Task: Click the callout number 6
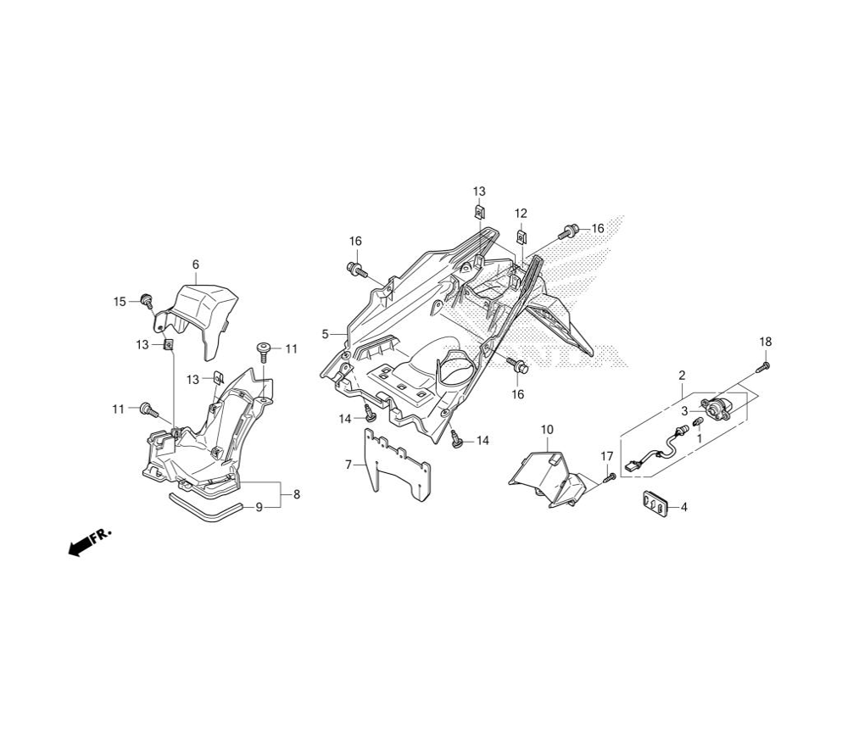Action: coord(196,264)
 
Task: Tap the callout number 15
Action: coord(120,302)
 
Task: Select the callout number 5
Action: coord(325,334)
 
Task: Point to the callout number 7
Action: coord(349,464)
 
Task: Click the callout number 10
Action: coord(547,430)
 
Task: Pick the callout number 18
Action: coord(766,342)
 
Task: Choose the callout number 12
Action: coord(521,214)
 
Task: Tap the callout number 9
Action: coord(259,508)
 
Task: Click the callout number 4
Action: coord(684,507)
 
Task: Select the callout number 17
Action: coord(607,457)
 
